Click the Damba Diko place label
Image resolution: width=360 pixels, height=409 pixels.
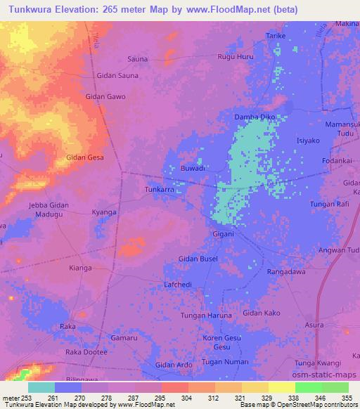[255, 116]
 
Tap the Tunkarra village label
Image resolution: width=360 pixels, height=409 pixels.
[158, 190]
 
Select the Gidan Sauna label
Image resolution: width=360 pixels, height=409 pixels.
[117, 75]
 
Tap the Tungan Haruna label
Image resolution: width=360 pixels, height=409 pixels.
[206, 316]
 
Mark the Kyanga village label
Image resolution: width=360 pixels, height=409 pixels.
[104, 212]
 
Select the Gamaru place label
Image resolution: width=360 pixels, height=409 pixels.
[124, 338]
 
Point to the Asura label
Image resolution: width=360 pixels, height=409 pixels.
[314, 325]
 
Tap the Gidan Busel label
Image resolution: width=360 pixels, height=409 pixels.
[198, 259]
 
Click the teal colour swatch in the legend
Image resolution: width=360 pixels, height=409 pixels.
[41, 387]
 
